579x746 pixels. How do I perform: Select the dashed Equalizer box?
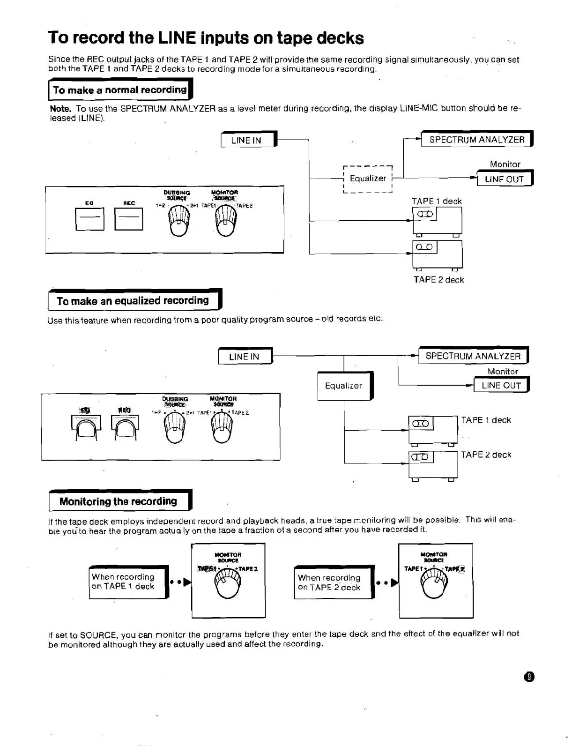coord(368,179)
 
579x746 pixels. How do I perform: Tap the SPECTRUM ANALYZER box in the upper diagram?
coord(476,140)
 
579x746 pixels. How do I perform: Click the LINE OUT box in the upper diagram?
coord(504,179)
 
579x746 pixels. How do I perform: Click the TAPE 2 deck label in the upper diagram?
coord(438,280)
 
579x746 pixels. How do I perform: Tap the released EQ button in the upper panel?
coord(89,218)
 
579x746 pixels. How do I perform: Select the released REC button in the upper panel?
coord(129,218)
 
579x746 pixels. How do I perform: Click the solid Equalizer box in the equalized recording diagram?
coord(344,386)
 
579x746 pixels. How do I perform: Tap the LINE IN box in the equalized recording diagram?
coord(245,357)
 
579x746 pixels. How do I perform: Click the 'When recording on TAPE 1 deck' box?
coord(128,582)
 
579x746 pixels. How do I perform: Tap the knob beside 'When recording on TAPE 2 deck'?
coord(434,584)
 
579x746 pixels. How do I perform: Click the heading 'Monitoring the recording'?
coord(119,501)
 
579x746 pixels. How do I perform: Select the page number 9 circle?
coord(529,677)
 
